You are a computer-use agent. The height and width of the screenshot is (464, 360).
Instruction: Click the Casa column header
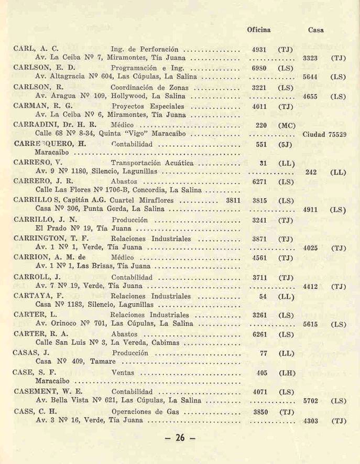[x=315, y=30]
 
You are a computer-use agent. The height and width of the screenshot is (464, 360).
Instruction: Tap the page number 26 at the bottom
[x=179, y=438]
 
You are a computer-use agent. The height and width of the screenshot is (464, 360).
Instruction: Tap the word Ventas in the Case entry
[x=123, y=373]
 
